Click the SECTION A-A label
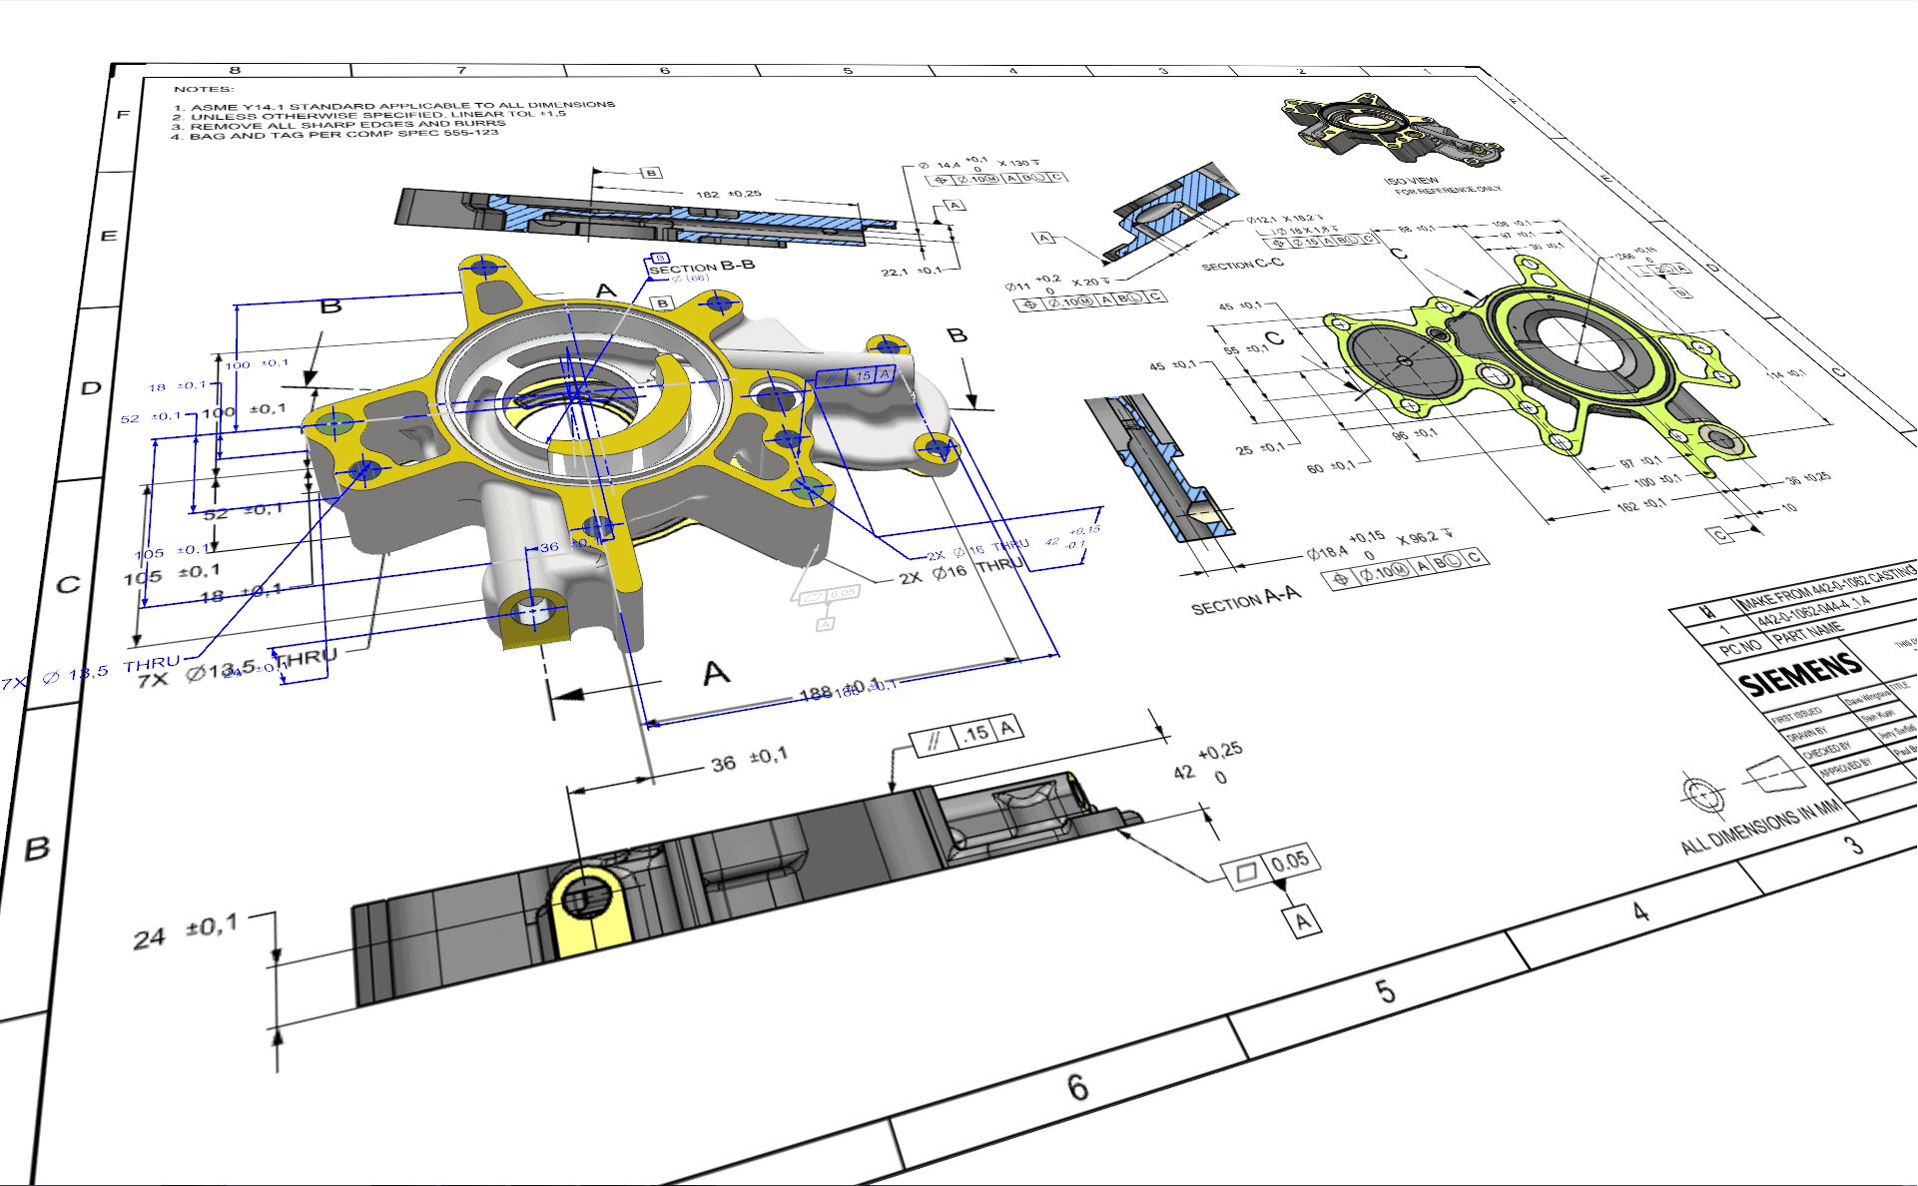1245,601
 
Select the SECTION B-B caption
701,267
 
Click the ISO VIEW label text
1411,181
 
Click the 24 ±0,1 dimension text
186,933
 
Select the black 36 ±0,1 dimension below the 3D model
749,761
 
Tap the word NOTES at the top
203,89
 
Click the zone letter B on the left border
37,849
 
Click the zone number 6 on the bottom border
1077,1086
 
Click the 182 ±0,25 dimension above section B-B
728,194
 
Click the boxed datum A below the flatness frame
1302,920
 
